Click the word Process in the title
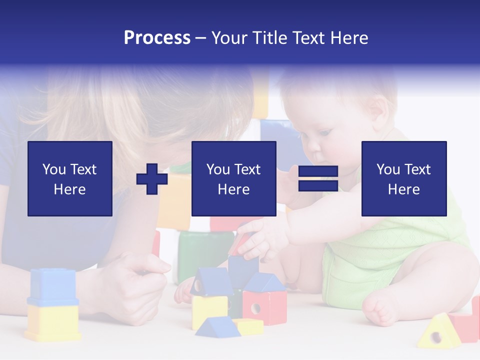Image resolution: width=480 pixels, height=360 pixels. [x=157, y=37]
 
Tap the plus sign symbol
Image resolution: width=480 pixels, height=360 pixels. [x=152, y=178]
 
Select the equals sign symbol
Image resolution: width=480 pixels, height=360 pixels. [x=318, y=178]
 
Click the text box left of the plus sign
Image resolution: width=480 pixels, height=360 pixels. [x=70, y=178]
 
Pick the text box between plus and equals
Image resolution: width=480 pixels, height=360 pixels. [x=233, y=178]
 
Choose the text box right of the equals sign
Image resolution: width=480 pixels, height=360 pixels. [x=403, y=178]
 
